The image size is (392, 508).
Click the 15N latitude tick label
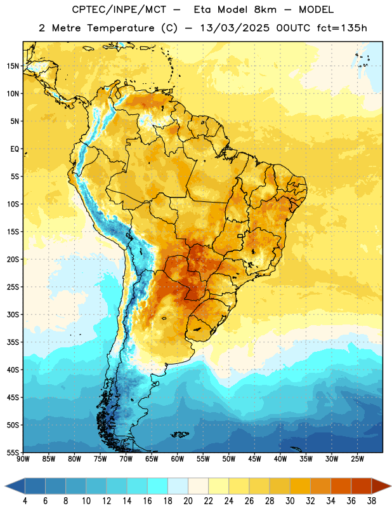click(13, 66)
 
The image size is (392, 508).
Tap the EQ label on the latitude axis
click(15, 149)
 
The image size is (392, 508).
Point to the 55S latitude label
click(13, 452)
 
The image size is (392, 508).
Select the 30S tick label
click(13, 314)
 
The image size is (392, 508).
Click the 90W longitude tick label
click(23, 459)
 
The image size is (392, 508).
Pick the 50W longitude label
click(229, 459)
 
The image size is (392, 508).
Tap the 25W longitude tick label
click(357, 459)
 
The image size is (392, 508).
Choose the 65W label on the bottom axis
click(152, 459)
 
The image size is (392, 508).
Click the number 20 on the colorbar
click(188, 501)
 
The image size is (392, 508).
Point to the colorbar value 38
click(372, 501)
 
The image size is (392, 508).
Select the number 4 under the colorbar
click(25, 501)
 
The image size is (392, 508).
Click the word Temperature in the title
click(121, 28)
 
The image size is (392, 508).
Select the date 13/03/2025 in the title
click(234, 28)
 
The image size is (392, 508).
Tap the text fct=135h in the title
click(342, 28)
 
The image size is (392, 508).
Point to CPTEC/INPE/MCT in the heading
click(119, 10)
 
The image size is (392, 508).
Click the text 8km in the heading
click(265, 10)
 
